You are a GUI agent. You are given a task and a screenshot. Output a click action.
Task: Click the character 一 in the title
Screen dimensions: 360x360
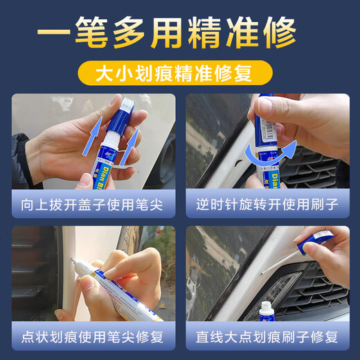[55, 33]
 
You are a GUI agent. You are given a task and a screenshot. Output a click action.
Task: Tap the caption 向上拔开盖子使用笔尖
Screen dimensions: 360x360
[93, 204]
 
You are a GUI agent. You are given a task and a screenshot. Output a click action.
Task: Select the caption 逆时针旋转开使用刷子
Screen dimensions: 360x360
[267, 204]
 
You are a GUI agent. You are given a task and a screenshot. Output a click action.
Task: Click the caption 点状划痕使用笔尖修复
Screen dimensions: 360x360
[93, 337]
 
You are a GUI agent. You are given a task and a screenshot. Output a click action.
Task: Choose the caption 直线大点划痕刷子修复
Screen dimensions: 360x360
[267, 337]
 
